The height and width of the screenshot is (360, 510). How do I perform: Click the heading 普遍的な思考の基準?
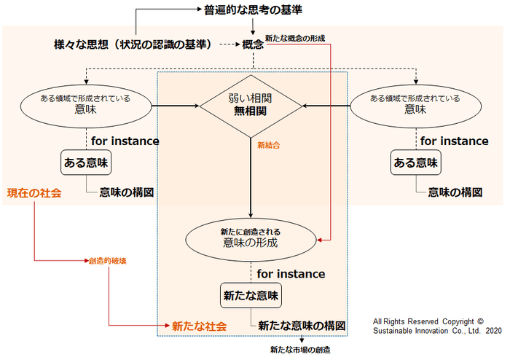pyautogui.click(x=252, y=12)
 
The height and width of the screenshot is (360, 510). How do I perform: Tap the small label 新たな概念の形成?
pyautogui.click(x=295, y=38)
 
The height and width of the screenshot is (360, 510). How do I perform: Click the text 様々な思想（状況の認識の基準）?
pyautogui.click(x=133, y=44)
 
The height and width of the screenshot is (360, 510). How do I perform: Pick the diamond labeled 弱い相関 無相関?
pyautogui.click(x=251, y=106)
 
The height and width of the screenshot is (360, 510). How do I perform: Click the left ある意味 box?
pyautogui.click(x=85, y=163)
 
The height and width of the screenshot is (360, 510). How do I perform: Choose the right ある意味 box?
pyautogui.click(x=415, y=163)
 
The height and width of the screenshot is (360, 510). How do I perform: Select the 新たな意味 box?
pyautogui.click(x=251, y=296)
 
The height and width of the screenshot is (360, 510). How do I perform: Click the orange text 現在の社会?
pyautogui.click(x=34, y=193)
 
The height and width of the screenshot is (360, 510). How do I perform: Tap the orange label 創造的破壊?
pyautogui.click(x=104, y=260)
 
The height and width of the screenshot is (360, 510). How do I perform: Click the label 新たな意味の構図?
pyautogui.click(x=299, y=325)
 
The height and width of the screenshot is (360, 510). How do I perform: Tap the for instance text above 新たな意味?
pyautogui.click(x=291, y=274)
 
